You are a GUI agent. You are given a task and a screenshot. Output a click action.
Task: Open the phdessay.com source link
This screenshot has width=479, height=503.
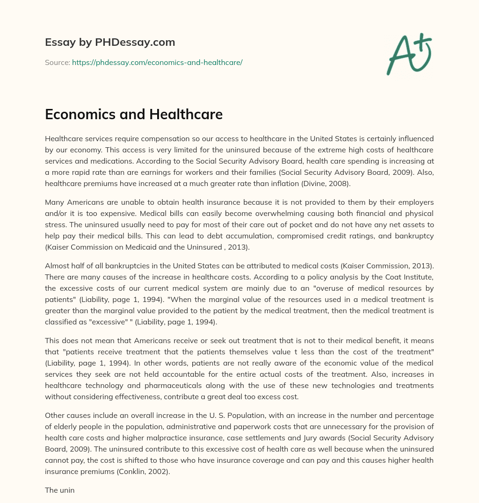(157, 62)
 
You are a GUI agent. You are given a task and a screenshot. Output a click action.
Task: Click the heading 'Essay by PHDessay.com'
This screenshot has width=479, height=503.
(110, 43)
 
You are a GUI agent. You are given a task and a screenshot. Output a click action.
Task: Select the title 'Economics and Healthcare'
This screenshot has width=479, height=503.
(133, 115)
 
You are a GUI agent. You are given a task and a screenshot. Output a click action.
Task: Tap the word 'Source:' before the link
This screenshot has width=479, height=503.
(57, 62)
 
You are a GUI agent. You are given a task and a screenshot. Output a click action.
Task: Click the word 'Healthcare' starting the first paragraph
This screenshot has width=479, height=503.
(64, 139)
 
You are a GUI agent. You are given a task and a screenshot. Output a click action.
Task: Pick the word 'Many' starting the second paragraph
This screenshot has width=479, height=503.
(54, 202)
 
